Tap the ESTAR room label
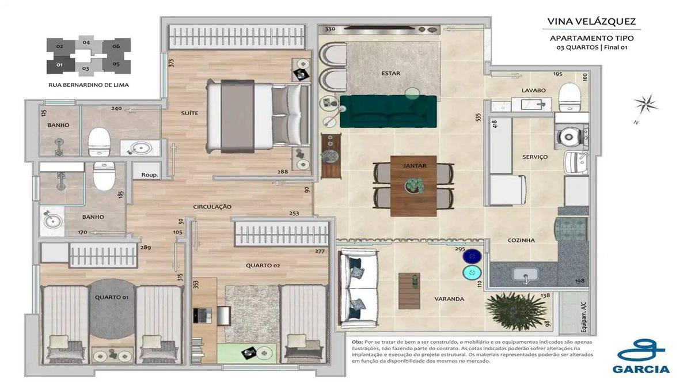[x=390, y=74]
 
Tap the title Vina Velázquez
[x=591, y=22]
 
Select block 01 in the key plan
[x=59, y=64]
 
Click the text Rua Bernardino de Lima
[x=89, y=85]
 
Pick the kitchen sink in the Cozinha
[x=525, y=275]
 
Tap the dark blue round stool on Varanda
[x=472, y=256]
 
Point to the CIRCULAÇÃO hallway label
[x=212, y=206]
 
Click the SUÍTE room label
[x=189, y=113]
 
